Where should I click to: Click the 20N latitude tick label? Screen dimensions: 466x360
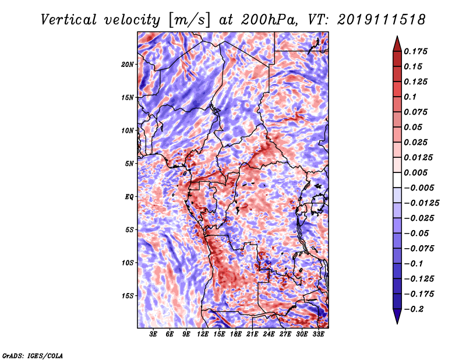[x=128, y=64]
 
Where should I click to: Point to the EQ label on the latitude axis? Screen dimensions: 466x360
[x=129, y=196]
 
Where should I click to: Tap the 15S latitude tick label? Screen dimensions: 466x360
[x=128, y=295]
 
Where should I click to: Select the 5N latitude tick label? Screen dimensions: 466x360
[x=129, y=164]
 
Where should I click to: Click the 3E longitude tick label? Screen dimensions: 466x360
[x=153, y=334]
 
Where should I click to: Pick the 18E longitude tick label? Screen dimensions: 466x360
[x=236, y=334]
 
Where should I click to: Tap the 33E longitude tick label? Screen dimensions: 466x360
[x=318, y=334]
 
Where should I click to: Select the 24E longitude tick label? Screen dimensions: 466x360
[x=269, y=334]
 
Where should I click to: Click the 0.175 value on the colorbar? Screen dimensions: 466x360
[x=415, y=51]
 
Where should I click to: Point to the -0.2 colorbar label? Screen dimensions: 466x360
[x=414, y=309]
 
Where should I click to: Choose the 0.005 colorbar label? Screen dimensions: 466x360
[x=415, y=172]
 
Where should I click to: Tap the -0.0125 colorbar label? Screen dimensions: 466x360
[x=421, y=203]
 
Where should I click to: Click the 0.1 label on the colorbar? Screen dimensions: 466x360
[x=410, y=97]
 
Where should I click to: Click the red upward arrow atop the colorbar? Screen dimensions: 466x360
[x=397, y=44]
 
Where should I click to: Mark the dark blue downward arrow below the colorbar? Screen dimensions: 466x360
[x=397, y=316]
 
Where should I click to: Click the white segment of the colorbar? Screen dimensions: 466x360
[x=397, y=180]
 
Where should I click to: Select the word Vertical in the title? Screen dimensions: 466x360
[x=69, y=20]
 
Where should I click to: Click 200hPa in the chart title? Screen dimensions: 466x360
[x=269, y=20]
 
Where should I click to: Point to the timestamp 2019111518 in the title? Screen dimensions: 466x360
[x=381, y=20]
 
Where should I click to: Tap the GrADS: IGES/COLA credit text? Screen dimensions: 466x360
[x=33, y=355]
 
